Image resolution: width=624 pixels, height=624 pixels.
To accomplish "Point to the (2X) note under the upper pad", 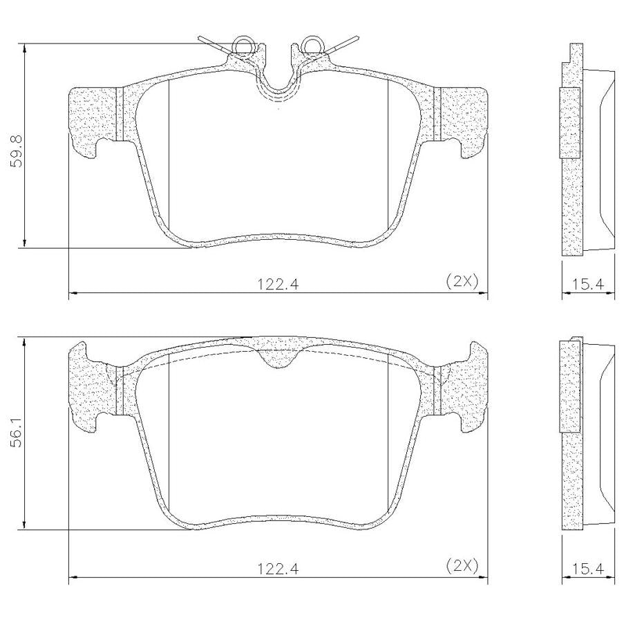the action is [462, 281].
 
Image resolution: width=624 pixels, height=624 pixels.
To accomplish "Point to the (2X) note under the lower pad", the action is [462, 565].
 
